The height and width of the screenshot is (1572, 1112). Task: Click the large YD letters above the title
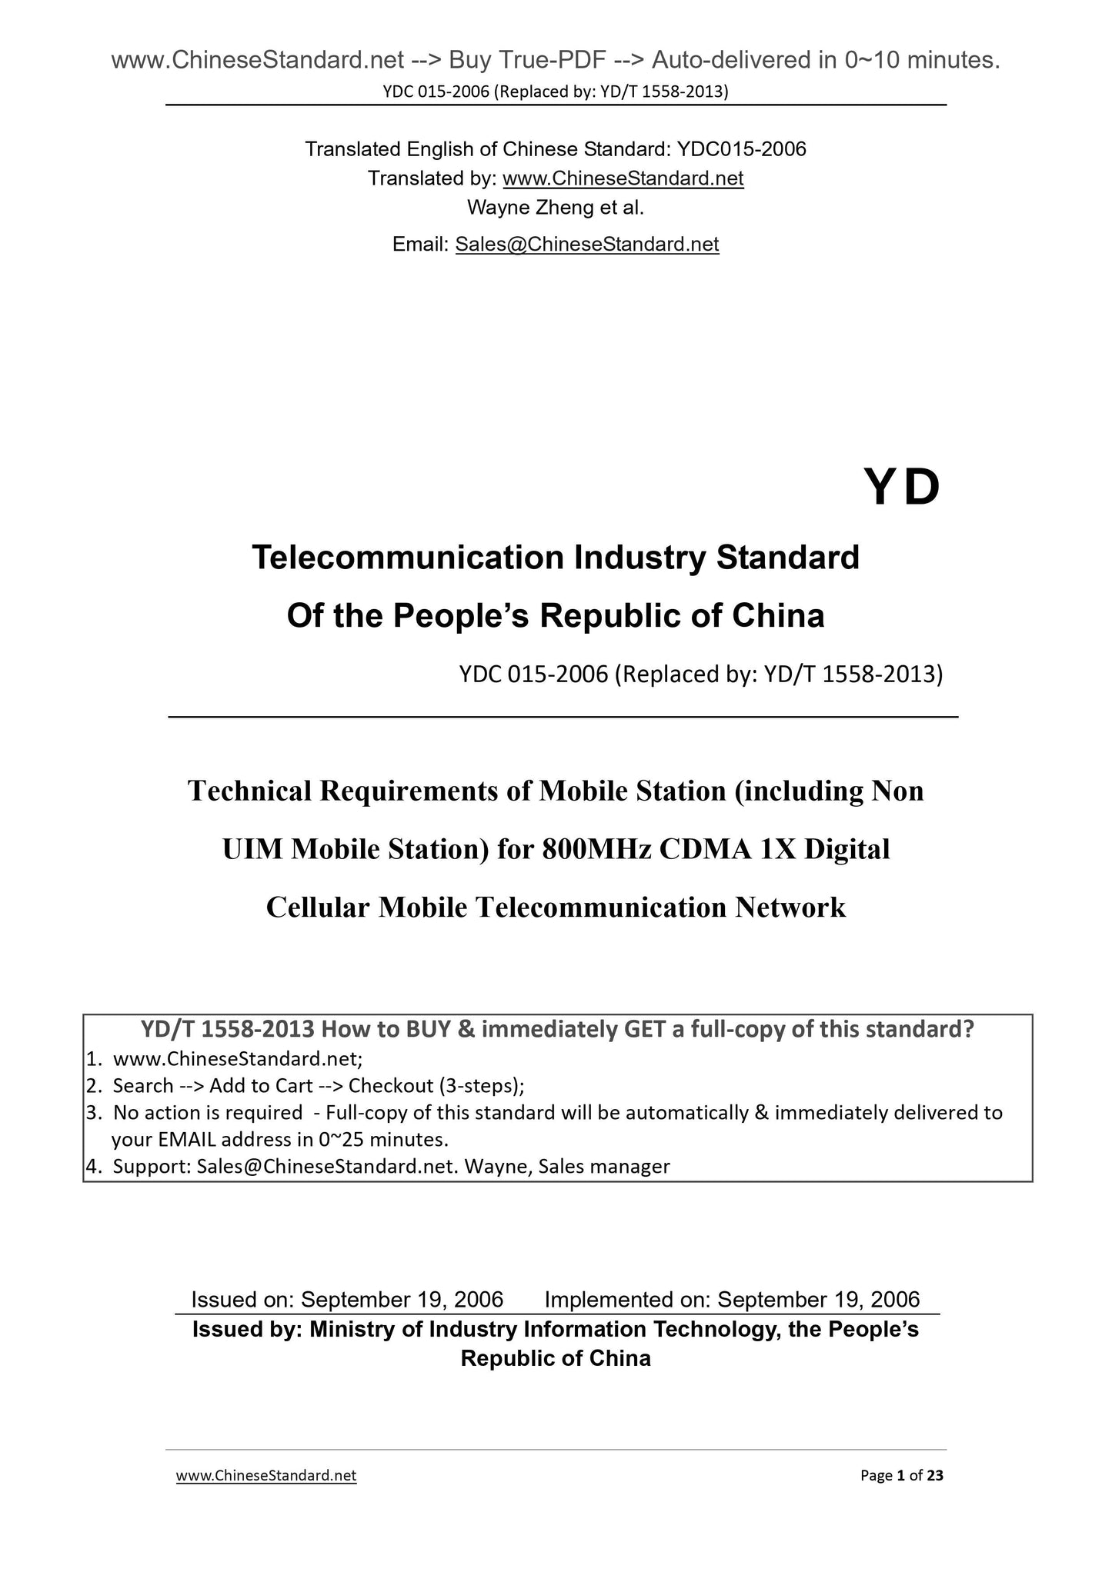point(902,488)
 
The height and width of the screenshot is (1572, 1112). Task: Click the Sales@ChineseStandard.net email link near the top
point(586,245)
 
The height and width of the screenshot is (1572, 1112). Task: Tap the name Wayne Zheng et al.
point(555,208)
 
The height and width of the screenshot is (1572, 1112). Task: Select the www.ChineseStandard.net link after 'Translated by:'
point(623,178)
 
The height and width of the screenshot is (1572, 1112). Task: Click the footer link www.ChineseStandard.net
point(266,1475)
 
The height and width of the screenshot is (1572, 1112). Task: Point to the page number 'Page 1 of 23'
point(901,1475)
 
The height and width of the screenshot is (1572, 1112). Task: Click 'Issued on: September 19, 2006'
point(347,1299)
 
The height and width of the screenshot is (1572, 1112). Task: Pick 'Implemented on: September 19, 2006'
point(732,1299)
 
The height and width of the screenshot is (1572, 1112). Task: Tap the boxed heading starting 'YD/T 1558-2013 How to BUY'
point(557,1028)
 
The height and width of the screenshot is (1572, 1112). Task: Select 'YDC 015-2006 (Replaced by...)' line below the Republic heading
point(700,674)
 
